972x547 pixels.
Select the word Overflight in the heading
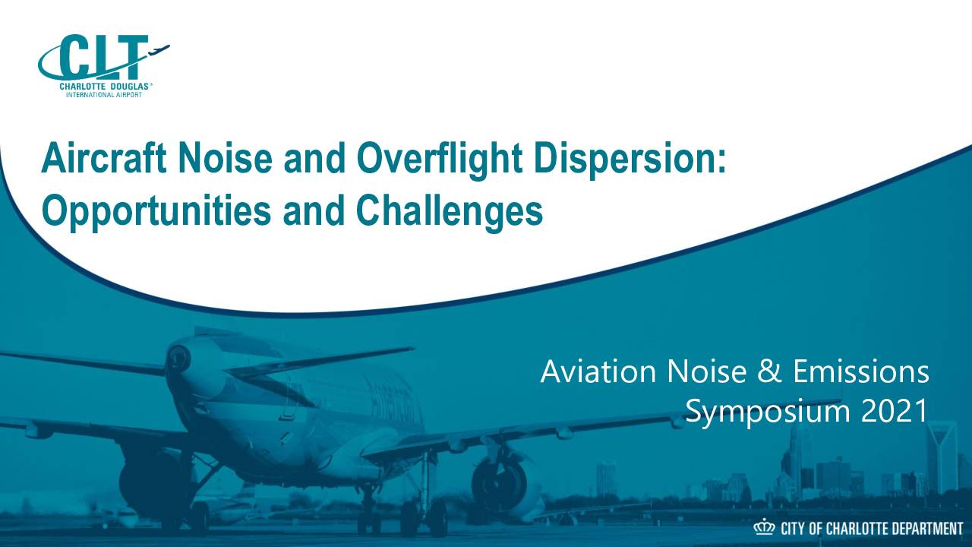click(439, 160)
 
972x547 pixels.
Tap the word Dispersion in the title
click(630, 160)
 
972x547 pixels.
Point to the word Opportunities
click(156, 213)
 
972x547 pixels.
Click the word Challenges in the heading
click(450, 213)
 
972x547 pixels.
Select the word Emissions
click(861, 372)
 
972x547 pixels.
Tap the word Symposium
click(767, 413)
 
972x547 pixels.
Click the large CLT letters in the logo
click(102, 56)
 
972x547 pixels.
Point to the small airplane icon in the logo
click(159, 49)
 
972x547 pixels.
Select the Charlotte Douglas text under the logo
click(104, 87)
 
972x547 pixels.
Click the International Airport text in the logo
click(104, 95)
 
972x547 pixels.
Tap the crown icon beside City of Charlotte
click(764, 528)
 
